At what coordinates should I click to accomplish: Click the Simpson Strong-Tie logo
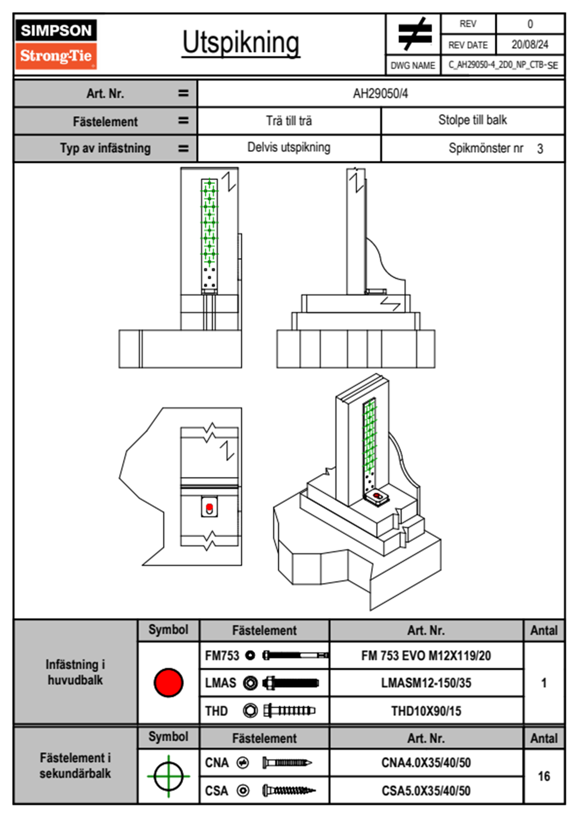56,44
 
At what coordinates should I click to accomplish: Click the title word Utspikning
241,43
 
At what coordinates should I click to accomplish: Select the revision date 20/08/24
529,45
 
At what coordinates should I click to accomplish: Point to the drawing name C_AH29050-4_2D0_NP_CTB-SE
503,65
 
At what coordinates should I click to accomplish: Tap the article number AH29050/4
380,93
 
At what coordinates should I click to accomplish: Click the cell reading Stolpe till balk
472,120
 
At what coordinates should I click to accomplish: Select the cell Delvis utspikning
289,147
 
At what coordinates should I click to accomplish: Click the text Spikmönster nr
486,148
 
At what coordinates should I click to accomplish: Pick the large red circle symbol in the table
168,682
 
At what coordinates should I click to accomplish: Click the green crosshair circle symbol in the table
168,776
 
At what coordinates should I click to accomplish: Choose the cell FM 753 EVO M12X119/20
426,656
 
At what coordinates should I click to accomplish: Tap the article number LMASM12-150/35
426,683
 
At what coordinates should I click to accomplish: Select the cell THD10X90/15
426,711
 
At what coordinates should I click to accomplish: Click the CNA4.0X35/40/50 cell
426,763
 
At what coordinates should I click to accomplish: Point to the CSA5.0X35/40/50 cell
426,791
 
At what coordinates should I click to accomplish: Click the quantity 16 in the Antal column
543,776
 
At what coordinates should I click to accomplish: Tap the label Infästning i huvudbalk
75,672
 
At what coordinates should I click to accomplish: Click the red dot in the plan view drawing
209,507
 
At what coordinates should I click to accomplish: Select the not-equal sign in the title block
414,34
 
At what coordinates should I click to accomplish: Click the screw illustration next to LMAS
290,683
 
